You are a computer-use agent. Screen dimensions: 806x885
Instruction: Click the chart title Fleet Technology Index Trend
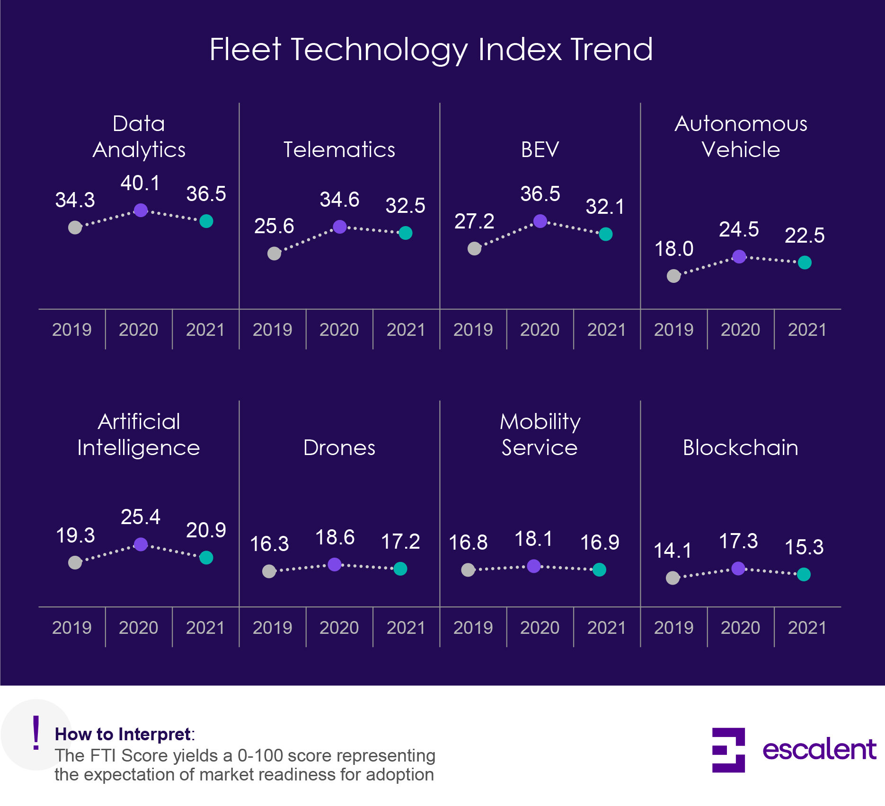431,49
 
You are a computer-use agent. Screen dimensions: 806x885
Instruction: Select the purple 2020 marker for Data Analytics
141,210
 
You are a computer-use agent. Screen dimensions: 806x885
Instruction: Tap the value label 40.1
140,184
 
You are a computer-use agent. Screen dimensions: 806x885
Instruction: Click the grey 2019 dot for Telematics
274,254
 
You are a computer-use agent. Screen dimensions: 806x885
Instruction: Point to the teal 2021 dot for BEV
606,234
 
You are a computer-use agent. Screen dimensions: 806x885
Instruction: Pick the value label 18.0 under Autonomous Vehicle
673,249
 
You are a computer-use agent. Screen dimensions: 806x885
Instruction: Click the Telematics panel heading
339,149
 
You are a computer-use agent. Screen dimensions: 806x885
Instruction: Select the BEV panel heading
540,149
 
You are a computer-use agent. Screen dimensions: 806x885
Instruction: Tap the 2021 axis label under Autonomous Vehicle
807,330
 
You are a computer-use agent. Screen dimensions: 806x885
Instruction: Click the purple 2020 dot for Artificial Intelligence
141,544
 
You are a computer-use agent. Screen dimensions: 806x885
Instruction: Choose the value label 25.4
140,517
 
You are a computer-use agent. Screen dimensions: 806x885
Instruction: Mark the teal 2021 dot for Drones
400,569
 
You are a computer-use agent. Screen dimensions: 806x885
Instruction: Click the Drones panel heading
339,447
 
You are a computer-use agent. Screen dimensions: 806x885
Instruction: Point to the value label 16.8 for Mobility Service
468,543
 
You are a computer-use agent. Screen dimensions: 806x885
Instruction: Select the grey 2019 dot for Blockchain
673,578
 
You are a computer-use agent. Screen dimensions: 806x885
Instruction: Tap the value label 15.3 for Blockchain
804,547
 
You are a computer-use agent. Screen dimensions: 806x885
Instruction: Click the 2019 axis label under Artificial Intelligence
71,628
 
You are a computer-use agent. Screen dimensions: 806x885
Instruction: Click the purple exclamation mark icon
36,733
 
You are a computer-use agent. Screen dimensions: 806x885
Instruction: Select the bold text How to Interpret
123,734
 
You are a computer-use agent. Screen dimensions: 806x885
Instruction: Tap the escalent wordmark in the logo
819,750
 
